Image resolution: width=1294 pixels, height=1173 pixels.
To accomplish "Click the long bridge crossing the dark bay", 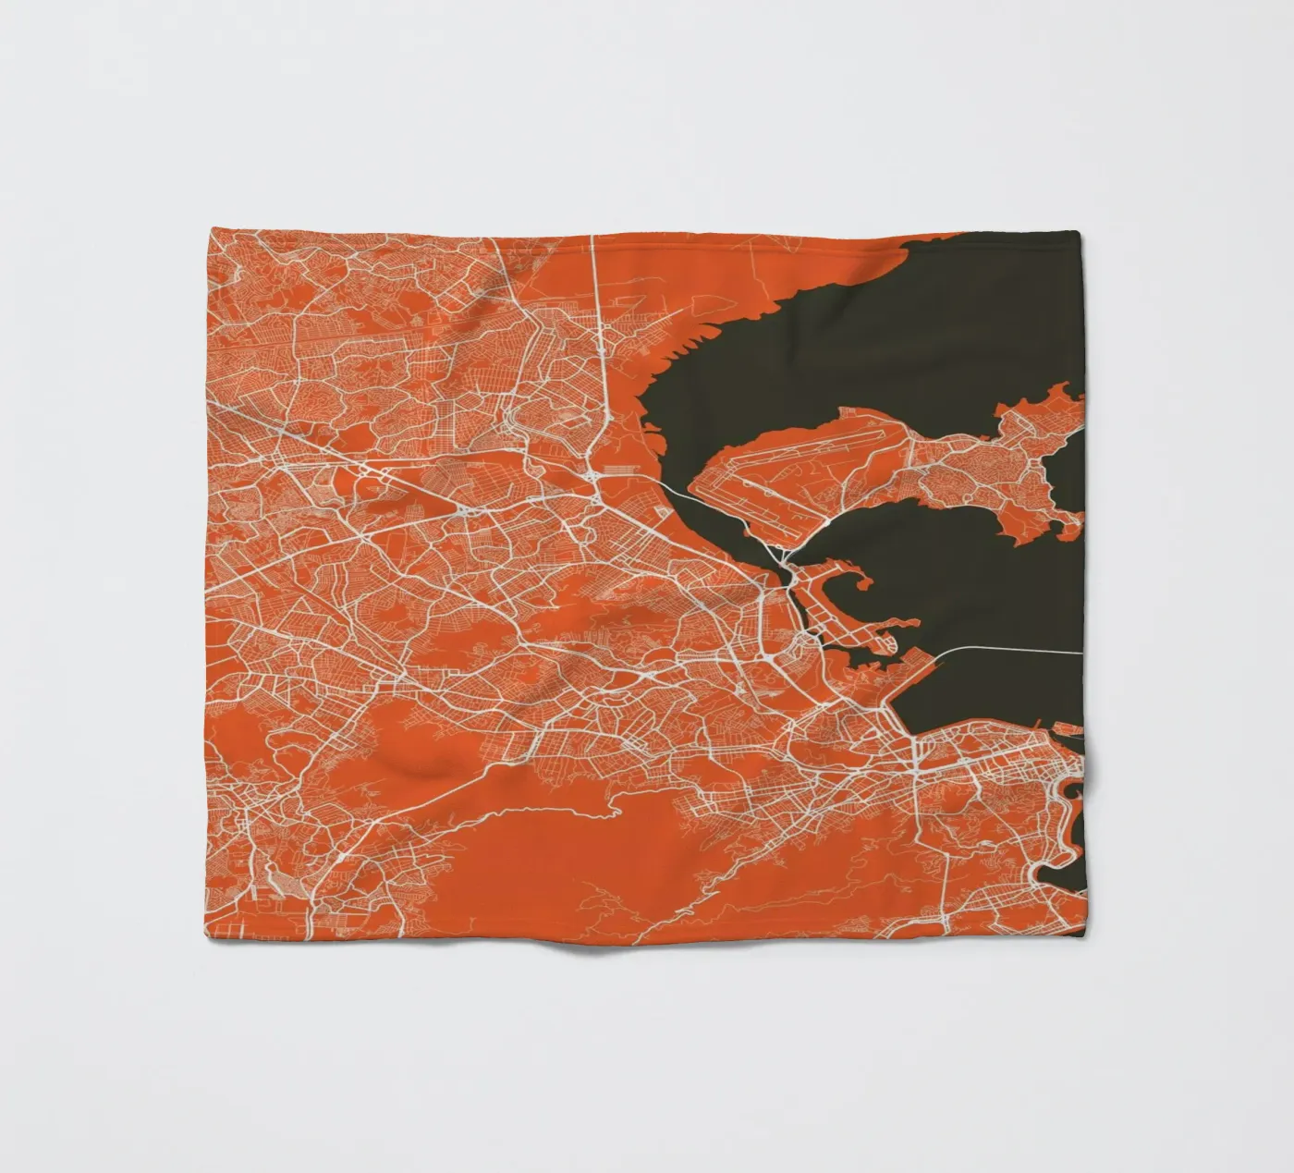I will (x=1007, y=648).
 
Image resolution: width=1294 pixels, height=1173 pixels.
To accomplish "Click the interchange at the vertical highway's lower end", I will (x=599, y=477).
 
